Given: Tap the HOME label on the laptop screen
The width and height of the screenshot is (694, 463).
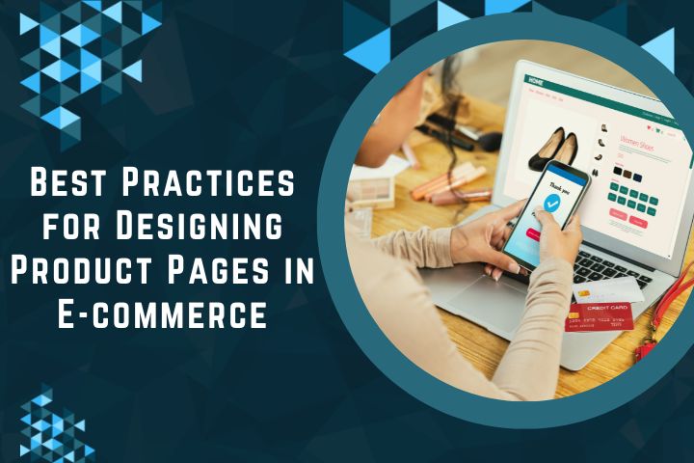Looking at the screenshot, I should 536,83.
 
